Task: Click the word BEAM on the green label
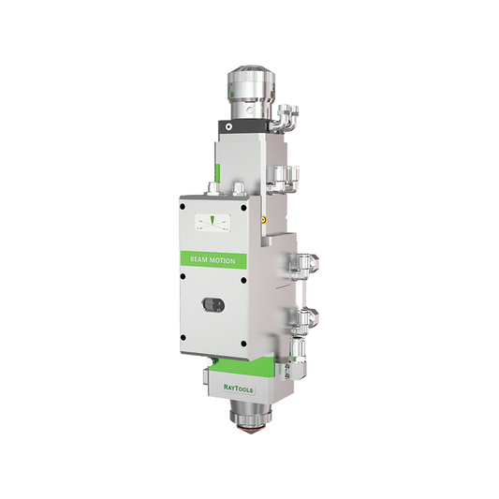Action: pos(198,259)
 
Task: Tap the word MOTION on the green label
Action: pos(221,260)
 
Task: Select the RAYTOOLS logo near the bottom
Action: pos(239,389)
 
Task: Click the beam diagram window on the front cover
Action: pos(213,223)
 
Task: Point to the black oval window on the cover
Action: pos(213,305)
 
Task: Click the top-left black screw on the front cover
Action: pos(183,207)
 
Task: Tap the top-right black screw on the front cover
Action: pos(243,208)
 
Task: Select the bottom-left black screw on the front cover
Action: pos(183,337)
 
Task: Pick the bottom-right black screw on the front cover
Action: pos(243,344)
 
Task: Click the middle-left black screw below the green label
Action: pos(183,276)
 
